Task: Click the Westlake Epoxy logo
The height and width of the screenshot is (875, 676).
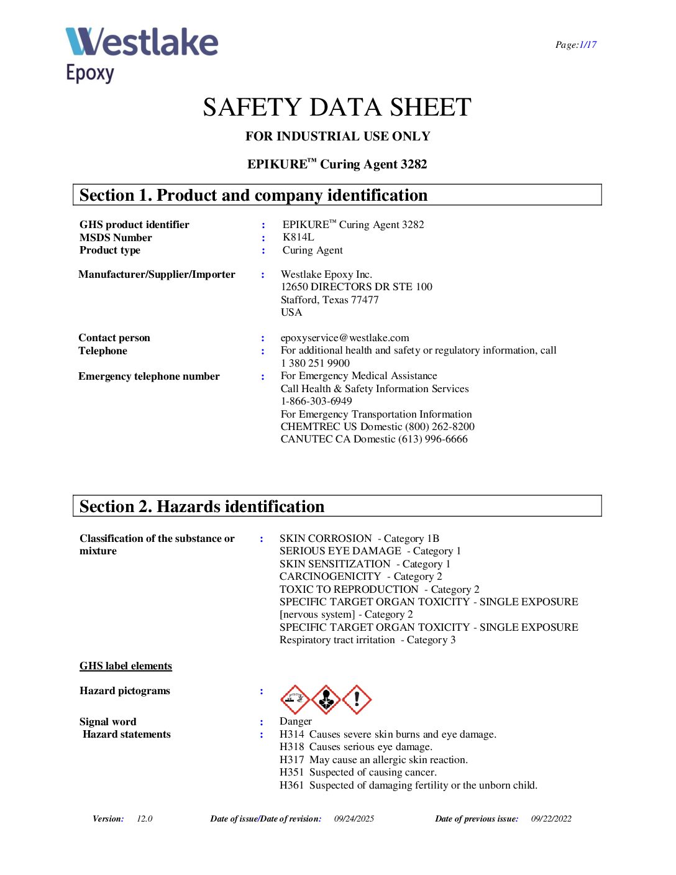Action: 142,54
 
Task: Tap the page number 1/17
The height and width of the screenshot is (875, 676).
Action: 588,45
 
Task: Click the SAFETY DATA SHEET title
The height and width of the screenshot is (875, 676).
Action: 337,108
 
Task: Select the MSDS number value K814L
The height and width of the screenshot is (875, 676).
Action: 298,237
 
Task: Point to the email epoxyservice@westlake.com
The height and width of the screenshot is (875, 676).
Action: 345,337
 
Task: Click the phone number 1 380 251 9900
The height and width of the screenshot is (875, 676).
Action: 315,363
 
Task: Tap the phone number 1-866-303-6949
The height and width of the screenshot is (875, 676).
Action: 316,401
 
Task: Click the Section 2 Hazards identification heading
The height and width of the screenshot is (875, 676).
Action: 202,506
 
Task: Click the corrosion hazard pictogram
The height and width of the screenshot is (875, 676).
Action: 295,700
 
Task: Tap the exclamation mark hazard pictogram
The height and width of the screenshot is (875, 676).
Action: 357,700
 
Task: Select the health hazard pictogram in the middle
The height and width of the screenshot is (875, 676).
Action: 326,700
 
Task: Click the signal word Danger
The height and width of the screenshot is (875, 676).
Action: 296,721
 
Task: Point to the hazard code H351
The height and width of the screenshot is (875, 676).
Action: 291,772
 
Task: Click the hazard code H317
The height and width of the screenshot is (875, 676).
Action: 291,759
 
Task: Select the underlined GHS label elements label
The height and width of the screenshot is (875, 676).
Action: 126,666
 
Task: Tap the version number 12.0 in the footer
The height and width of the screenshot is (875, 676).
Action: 145,818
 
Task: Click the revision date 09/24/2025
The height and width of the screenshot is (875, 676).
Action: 354,818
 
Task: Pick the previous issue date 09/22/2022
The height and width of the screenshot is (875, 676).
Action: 551,818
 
